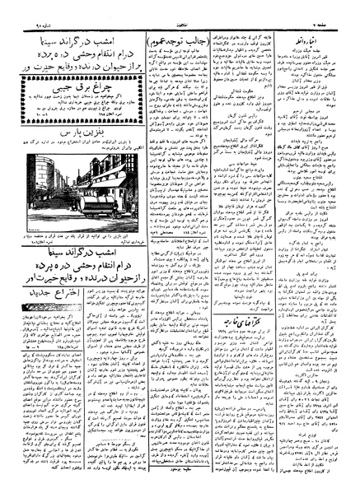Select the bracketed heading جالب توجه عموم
point(170,40)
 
